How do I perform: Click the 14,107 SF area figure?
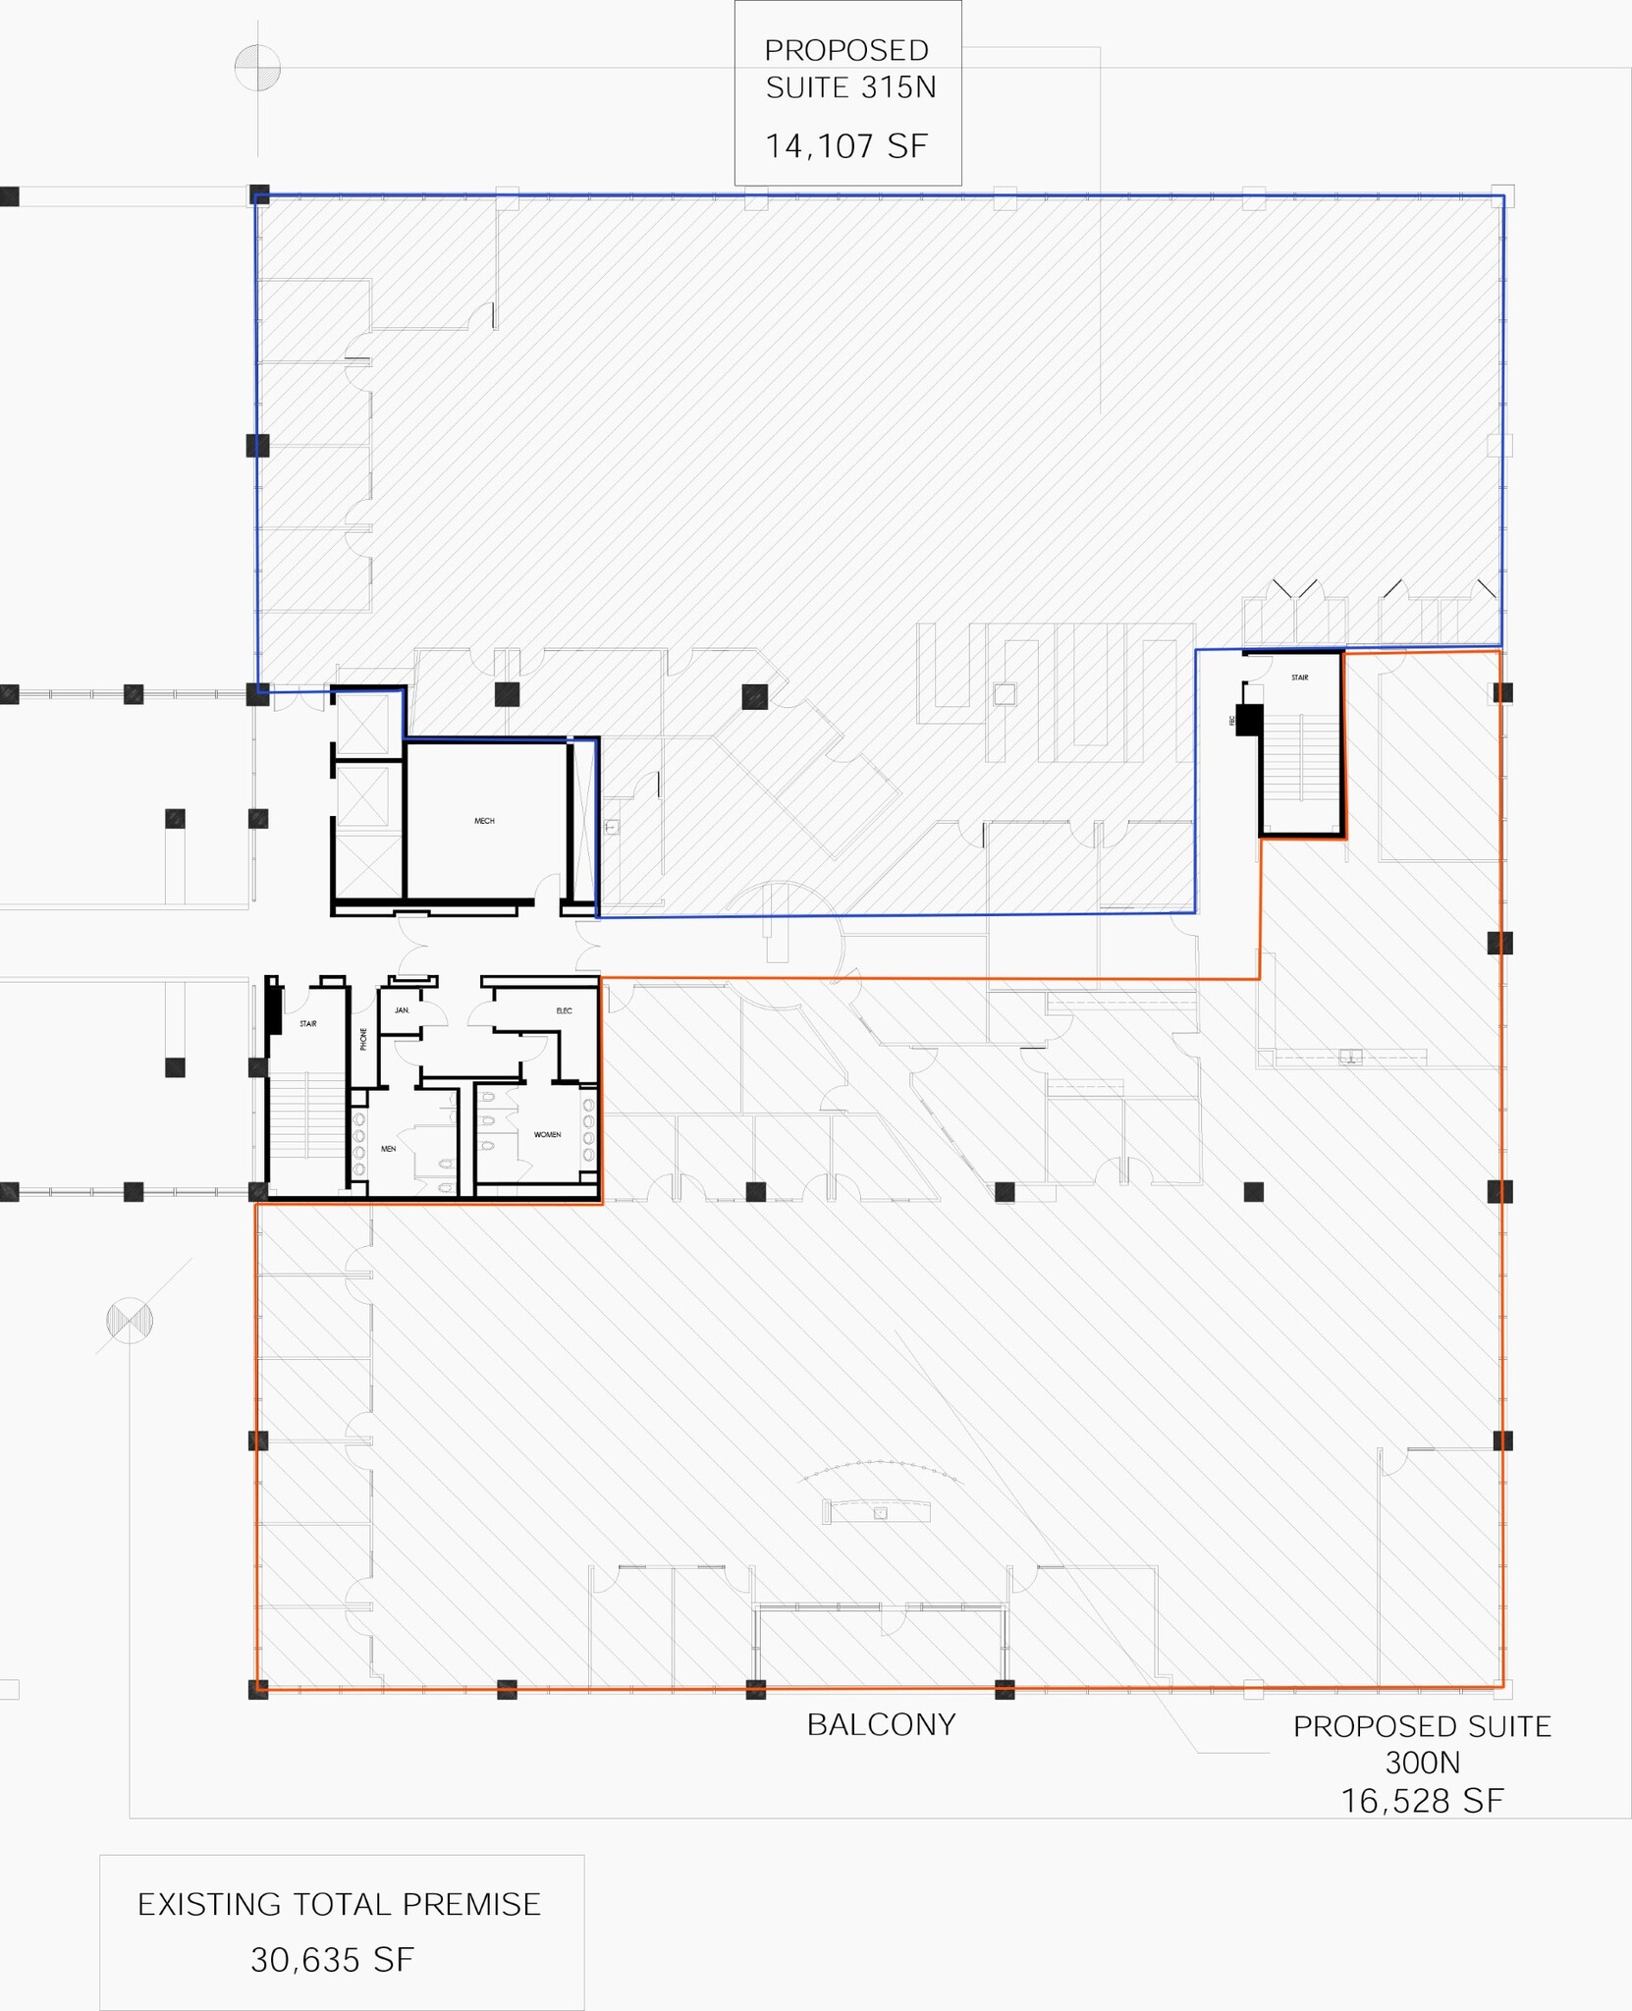tap(846, 146)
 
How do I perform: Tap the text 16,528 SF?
tap(1422, 1800)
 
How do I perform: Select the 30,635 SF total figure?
tap(332, 1960)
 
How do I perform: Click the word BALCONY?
tap(881, 1724)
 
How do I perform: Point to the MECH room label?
tap(484, 821)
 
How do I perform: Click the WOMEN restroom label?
tap(547, 1134)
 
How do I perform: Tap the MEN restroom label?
tap(388, 1149)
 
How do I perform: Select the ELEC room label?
tap(564, 1010)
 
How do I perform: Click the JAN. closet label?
tap(402, 1010)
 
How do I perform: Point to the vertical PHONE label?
tap(363, 1039)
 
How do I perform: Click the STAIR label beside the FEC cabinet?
tap(1299, 678)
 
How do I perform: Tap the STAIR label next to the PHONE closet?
tap(307, 1024)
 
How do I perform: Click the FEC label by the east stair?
tap(1231, 720)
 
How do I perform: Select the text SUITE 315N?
tap(850, 88)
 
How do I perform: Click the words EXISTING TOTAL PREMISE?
tap(339, 1904)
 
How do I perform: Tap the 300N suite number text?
tap(1422, 1763)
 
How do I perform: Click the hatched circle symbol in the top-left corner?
tap(257, 68)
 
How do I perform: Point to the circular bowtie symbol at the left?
tap(130, 1320)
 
